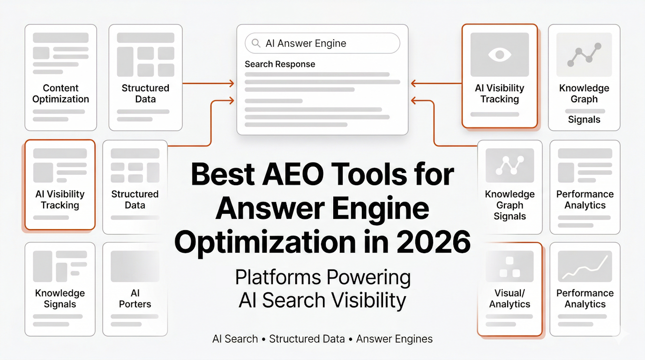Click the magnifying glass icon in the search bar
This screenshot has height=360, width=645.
pos(256,44)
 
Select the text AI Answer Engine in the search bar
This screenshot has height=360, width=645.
pos(306,44)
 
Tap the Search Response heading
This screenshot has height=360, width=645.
pos(280,64)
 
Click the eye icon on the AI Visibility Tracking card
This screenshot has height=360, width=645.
pos(500,54)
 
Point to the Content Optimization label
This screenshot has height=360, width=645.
pos(60,93)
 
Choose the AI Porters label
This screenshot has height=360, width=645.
pos(135,299)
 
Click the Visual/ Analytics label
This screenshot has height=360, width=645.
pos(510,299)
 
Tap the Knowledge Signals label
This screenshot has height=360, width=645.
pos(60,299)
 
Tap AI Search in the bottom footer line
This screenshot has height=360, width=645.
pos(235,339)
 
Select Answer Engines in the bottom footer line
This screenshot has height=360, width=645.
pos(394,339)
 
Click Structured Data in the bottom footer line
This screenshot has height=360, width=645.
pos(307,339)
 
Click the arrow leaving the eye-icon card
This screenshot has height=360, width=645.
pos(436,83)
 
